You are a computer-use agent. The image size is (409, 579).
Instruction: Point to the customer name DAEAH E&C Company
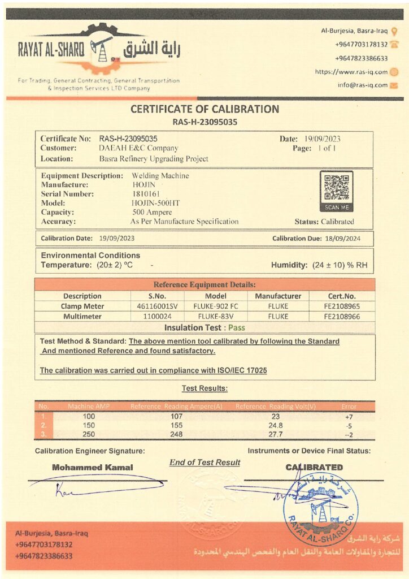click(138, 148)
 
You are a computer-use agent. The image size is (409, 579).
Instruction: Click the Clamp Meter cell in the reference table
click(82, 306)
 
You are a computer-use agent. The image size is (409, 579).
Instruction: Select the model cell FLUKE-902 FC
click(216, 306)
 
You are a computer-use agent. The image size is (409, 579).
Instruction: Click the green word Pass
click(237, 327)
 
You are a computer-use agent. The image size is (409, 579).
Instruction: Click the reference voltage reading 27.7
click(275, 434)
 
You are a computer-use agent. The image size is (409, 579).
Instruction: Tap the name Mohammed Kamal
click(93, 468)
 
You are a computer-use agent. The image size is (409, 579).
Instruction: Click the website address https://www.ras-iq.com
click(351, 72)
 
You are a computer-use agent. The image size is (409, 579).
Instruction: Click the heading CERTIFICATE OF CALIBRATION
click(204, 109)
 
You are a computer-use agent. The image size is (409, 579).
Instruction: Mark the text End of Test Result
click(204, 463)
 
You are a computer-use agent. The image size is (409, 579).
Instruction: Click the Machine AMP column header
click(89, 406)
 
